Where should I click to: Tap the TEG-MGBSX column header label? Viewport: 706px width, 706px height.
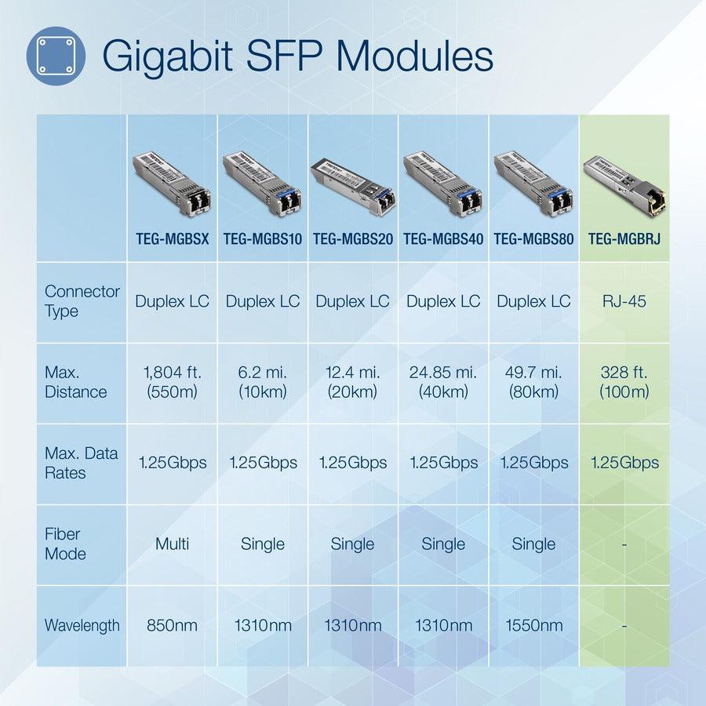[x=172, y=238]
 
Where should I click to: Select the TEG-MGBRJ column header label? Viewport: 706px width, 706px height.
[x=624, y=238]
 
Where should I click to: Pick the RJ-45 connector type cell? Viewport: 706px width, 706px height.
[x=625, y=301]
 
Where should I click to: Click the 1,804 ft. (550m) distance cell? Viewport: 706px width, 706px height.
[x=172, y=382]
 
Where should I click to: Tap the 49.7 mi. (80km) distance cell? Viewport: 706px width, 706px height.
[x=533, y=382]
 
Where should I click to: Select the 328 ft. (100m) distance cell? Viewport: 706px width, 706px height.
[x=625, y=382]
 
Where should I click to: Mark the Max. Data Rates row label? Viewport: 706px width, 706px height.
[x=82, y=463]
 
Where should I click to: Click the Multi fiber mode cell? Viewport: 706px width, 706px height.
[x=172, y=544]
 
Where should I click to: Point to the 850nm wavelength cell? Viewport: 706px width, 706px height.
[x=172, y=625]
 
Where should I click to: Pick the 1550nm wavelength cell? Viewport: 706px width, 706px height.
[x=533, y=625]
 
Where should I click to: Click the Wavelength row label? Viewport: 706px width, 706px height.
[x=82, y=625]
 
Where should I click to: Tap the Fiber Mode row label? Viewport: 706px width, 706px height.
[x=64, y=544]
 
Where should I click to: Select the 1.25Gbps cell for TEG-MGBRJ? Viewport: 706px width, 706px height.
[x=625, y=463]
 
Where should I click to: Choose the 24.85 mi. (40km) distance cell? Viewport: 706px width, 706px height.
[x=443, y=382]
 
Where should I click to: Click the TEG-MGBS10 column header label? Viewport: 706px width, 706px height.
[x=263, y=238]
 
